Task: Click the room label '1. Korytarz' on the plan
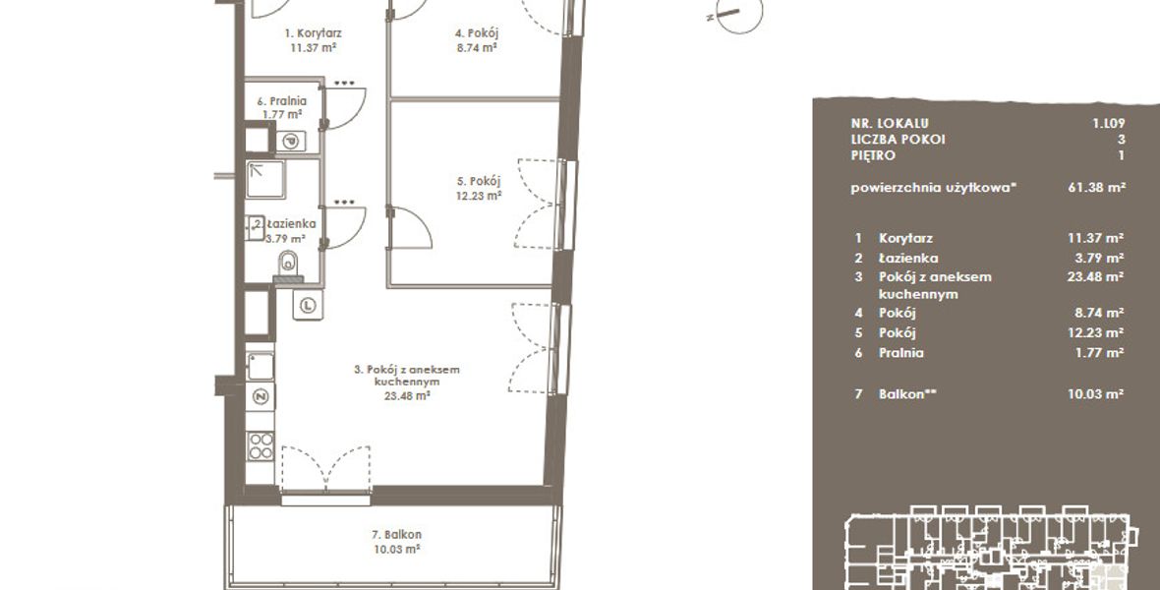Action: tap(313, 33)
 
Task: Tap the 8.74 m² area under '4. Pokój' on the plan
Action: tap(477, 47)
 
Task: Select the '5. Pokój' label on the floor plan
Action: tap(479, 181)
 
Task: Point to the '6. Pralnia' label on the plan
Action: tap(282, 101)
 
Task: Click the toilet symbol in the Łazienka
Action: tap(288, 262)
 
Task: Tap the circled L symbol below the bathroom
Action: tap(308, 305)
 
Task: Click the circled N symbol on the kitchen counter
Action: tap(261, 397)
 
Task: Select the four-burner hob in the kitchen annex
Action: tap(261, 445)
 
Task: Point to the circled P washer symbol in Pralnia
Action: tap(291, 141)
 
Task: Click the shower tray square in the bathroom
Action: tap(265, 179)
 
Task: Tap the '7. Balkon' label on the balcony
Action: tap(396, 535)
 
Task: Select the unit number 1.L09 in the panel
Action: tap(1108, 124)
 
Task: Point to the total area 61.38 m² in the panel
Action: tap(1096, 188)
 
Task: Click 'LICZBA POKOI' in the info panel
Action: tap(899, 140)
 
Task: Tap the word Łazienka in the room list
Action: tap(908, 259)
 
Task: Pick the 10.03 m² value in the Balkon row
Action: tap(1096, 394)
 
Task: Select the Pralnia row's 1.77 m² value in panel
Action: tap(1099, 353)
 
